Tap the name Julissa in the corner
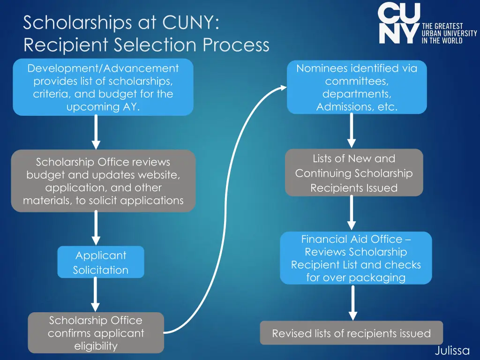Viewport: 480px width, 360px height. tap(452, 350)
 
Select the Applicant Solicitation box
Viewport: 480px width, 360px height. tap(101, 262)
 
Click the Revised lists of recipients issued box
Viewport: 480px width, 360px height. tap(351, 333)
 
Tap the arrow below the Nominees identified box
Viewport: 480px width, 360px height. tap(352, 131)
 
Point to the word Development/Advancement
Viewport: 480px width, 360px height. tap(103, 68)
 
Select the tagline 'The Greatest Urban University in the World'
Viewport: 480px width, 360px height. tap(449, 33)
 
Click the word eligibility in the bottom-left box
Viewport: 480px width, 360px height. tap(96, 346)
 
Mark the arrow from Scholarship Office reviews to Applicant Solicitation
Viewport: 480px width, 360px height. tap(96, 228)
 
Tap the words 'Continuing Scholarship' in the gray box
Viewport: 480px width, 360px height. tap(354, 173)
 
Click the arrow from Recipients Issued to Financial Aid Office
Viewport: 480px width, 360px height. tap(352, 213)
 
